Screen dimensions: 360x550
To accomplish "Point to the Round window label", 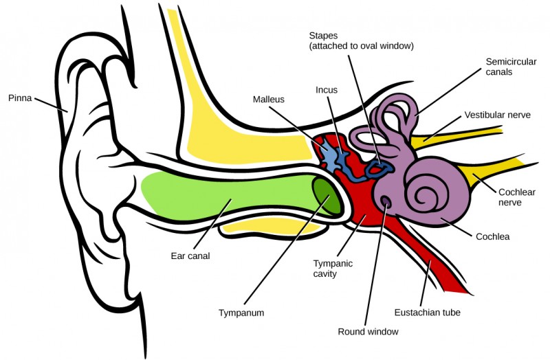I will coord(368,332).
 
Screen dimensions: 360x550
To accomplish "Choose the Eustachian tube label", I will coord(427,313).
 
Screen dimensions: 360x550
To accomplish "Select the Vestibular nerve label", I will coord(497,115).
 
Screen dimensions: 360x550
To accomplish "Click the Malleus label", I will coord(268,99).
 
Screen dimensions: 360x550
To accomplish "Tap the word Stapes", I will coord(323,36).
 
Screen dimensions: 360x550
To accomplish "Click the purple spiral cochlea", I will coord(430,192).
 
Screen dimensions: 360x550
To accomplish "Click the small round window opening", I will coord(385,202).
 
